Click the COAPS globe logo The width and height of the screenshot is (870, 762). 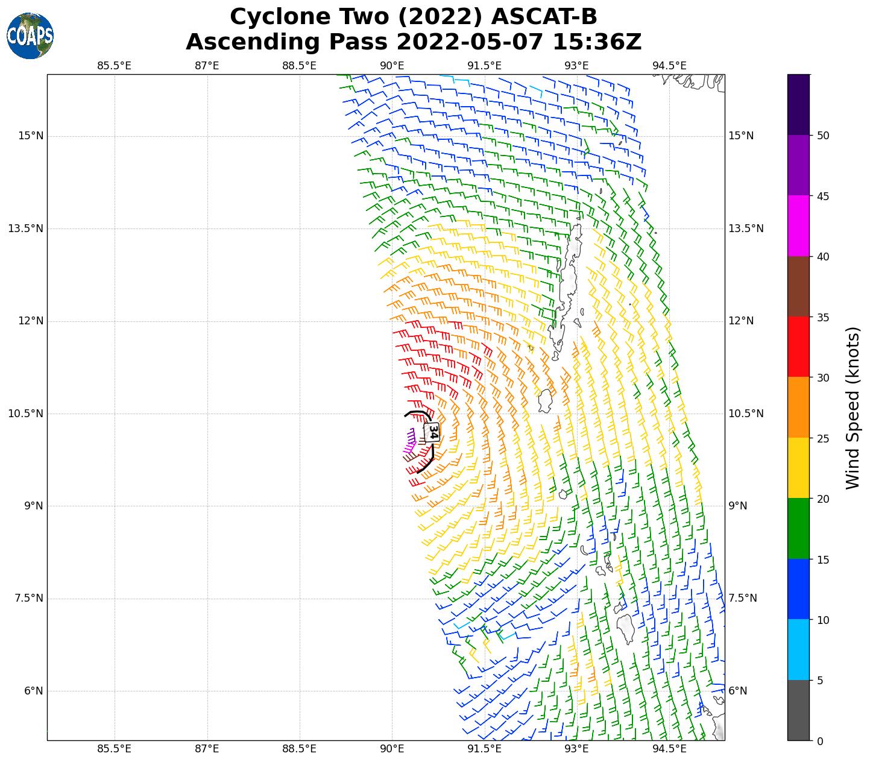click(x=30, y=36)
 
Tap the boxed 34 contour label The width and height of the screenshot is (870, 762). click(x=432, y=432)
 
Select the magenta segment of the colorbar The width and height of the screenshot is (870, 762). click(x=798, y=226)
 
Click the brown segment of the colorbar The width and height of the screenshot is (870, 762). click(x=798, y=286)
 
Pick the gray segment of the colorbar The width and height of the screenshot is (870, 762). click(x=798, y=710)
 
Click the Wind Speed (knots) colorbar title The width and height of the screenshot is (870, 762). click(x=853, y=408)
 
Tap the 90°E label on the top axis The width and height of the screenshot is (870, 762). click(x=392, y=66)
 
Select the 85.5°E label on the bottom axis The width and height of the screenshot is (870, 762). click(x=114, y=749)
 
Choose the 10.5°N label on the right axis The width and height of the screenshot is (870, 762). click(x=746, y=414)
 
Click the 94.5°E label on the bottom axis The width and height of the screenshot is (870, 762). click(x=669, y=749)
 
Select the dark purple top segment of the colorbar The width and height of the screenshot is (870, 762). click(x=798, y=104)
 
